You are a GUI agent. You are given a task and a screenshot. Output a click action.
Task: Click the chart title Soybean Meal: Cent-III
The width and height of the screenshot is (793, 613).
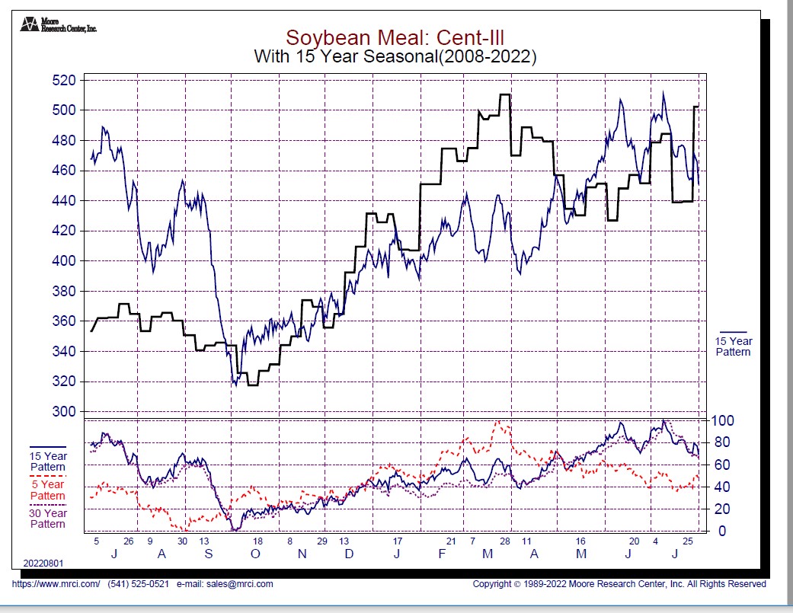click(x=395, y=37)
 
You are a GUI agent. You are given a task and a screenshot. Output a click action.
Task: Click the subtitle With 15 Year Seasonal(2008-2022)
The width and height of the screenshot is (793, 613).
click(x=395, y=56)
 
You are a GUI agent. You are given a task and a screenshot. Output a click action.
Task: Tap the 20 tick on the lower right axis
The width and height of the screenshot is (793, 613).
click(x=720, y=509)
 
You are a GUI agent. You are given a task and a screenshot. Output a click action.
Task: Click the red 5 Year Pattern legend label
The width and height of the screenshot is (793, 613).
click(x=47, y=490)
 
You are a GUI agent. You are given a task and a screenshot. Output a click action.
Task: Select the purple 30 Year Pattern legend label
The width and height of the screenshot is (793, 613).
click(x=47, y=519)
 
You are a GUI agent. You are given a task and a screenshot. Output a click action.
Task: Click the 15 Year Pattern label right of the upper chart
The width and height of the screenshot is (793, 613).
click(x=733, y=346)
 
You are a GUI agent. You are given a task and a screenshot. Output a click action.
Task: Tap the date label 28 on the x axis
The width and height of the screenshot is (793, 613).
click(x=504, y=541)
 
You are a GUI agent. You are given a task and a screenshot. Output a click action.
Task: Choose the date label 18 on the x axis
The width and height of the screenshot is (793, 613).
click(x=257, y=541)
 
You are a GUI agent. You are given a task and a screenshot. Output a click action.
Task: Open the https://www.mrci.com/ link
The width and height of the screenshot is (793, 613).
click(x=56, y=584)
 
